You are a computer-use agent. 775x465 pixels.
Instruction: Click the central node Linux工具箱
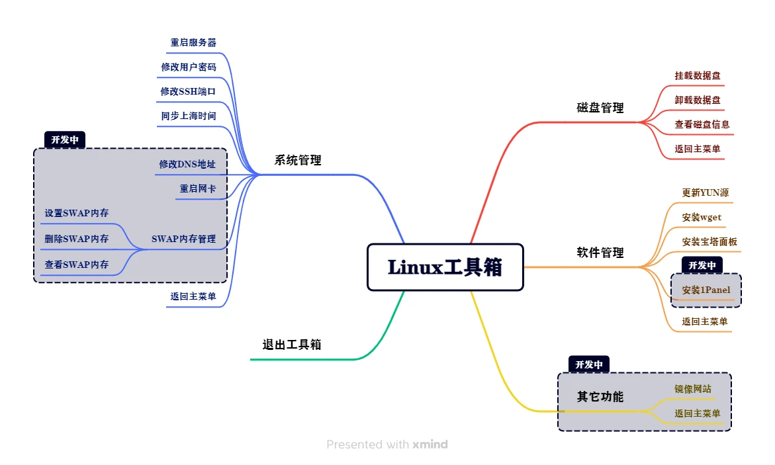(445, 267)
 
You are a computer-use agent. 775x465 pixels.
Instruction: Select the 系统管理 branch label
(298, 160)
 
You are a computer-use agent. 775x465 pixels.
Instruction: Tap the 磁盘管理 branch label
(600, 108)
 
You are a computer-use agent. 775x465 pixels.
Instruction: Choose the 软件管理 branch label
(600, 253)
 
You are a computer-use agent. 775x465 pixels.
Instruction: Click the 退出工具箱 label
(292, 345)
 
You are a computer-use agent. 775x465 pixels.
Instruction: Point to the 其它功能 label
(600, 397)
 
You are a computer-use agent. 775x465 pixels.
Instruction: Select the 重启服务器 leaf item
(193, 42)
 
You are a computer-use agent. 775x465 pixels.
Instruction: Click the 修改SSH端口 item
(188, 91)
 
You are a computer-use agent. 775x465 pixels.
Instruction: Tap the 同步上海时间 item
(188, 116)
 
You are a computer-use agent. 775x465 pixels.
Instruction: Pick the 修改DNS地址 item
(187, 164)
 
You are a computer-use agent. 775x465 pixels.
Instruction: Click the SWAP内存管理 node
(183, 239)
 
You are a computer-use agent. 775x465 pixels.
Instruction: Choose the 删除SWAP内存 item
(77, 239)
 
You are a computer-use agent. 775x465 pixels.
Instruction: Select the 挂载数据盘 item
(698, 75)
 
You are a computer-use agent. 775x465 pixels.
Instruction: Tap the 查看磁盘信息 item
(702, 124)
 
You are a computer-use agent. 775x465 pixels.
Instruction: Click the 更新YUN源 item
(706, 193)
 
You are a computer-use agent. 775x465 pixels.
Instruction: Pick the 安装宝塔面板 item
(709, 242)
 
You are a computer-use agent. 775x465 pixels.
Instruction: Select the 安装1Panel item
(706, 290)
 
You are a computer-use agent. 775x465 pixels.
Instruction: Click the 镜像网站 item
(693, 389)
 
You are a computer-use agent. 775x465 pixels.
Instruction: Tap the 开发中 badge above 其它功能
(589, 364)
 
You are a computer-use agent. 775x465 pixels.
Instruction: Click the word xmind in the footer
(430, 444)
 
